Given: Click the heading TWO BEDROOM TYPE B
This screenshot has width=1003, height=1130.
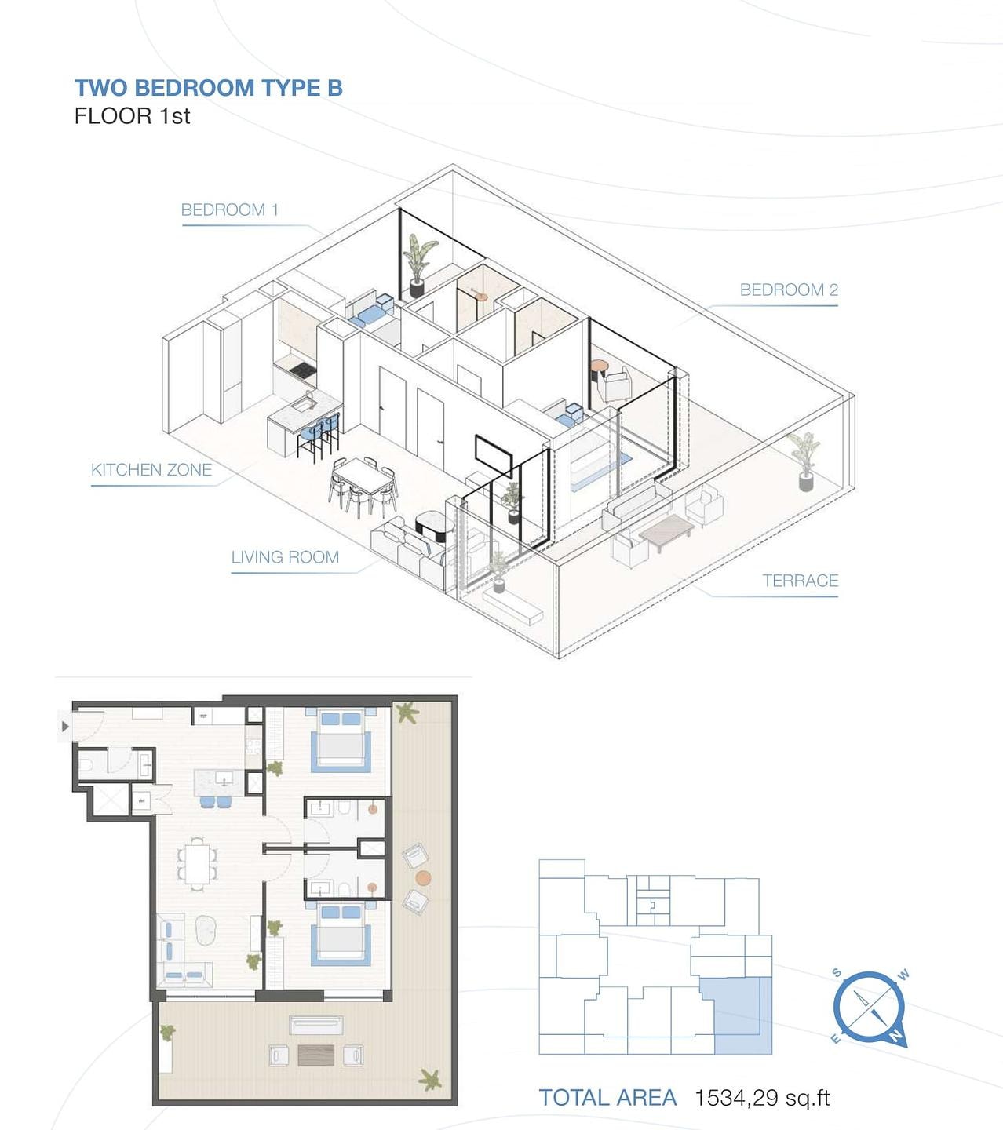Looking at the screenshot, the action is click(x=209, y=88).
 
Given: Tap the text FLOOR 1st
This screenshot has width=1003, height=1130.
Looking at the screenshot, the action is click(x=132, y=116).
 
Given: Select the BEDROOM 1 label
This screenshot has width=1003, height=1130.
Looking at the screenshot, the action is click(x=229, y=210).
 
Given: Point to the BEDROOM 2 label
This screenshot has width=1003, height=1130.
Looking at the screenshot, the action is click(x=789, y=290).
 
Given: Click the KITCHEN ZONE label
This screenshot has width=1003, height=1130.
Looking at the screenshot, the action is click(x=151, y=469).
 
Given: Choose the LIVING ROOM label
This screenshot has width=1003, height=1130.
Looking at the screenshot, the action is click(x=285, y=556).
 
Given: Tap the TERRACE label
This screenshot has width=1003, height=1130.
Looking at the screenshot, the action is click(x=800, y=581).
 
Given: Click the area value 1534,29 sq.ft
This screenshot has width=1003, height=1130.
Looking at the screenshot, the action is click(x=762, y=1098).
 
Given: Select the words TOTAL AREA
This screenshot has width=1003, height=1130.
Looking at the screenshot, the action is click(x=607, y=1098).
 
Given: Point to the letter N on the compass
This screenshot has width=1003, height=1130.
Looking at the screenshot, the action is click(x=896, y=1035).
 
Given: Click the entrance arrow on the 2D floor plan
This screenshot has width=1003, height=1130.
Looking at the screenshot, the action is click(x=65, y=727).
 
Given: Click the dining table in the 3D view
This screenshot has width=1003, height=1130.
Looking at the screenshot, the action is click(x=362, y=476).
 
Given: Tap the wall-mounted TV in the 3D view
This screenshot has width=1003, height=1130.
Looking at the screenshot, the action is click(x=493, y=454).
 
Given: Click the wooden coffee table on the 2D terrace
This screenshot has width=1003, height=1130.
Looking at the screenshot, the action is click(x=316, y=1055).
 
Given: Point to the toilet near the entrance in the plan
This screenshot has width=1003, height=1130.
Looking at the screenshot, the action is click(x=86, y=764).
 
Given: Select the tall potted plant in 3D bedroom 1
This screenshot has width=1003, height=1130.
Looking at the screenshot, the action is click(x=419, y=264).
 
